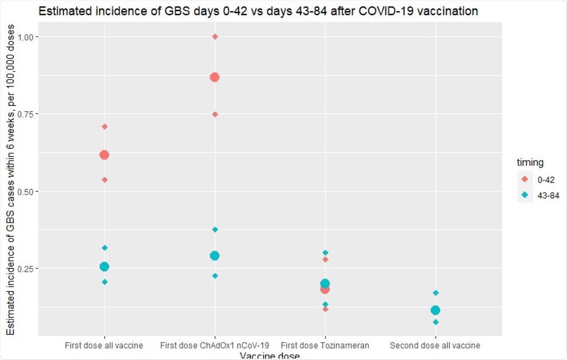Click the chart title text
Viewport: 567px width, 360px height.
258,12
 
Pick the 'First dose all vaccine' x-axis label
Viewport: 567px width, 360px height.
104,345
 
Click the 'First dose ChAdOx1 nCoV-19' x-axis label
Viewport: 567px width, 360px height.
215,345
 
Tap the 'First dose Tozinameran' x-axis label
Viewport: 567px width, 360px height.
325,345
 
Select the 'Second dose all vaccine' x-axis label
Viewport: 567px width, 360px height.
435,345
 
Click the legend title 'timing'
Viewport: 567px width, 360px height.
530,163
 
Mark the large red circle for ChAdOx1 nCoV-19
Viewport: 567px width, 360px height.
214,77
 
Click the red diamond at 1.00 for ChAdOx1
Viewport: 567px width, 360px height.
215,36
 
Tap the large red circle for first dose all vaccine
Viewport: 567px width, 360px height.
104,155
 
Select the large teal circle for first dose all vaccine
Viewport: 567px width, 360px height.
104,266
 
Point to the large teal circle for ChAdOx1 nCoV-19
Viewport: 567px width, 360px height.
214,255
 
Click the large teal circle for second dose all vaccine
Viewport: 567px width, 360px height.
435,310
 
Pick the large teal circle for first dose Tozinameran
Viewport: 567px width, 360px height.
325,283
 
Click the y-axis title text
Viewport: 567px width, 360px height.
11,180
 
